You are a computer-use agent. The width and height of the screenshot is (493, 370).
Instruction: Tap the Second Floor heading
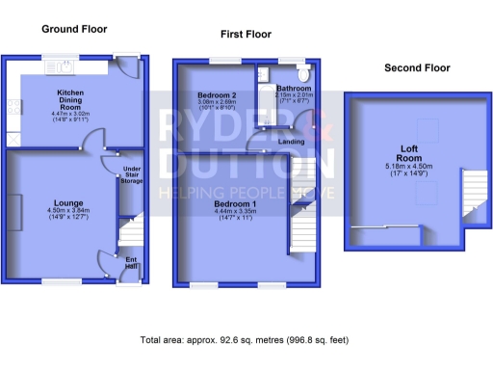click(417, 68)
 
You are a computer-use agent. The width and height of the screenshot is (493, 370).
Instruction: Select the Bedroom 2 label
click(217, 95)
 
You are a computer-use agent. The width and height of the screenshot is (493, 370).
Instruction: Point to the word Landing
click(292, 142)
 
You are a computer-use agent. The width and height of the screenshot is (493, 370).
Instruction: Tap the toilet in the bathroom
click(303, 73)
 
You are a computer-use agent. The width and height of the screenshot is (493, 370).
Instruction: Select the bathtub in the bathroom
click(264, 96)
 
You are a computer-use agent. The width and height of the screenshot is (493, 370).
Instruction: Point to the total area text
click(244, 340)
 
